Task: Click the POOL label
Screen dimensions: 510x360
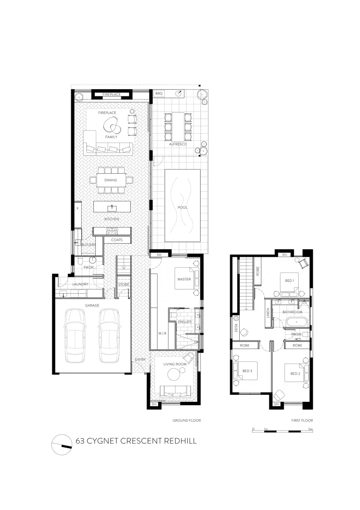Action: pyautogui.click(x=182, y=207)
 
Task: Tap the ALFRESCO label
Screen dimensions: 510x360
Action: pyautogui.click(x=178, y=144)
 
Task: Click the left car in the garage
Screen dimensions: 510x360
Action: pyautogui.click(x=75, y=334)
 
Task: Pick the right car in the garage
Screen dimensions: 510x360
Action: pyautogui.click(x=109, y=334)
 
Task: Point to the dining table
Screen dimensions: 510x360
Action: pyautogui.click(x=111, y=180)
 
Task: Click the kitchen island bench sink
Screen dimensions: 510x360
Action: pyautogui.click(x=112, y=207)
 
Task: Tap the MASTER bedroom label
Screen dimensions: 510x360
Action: pyautogui.click(x=184, y=280)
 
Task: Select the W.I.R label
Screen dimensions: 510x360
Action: pyautogui.click(x=162, y=333)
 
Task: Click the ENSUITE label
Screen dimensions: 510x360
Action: pyautogui.click(x=184, y=322)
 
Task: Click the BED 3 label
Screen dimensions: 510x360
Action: pyautogui.click(x=248, y=371)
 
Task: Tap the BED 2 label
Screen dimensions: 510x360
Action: pyautogui.click(x=295, y=374)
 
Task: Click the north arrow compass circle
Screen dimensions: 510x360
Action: pyautogui.click(x=62, y=444)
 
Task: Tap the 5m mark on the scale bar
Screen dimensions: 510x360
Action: pyautogui.click(x=310, y=429)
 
